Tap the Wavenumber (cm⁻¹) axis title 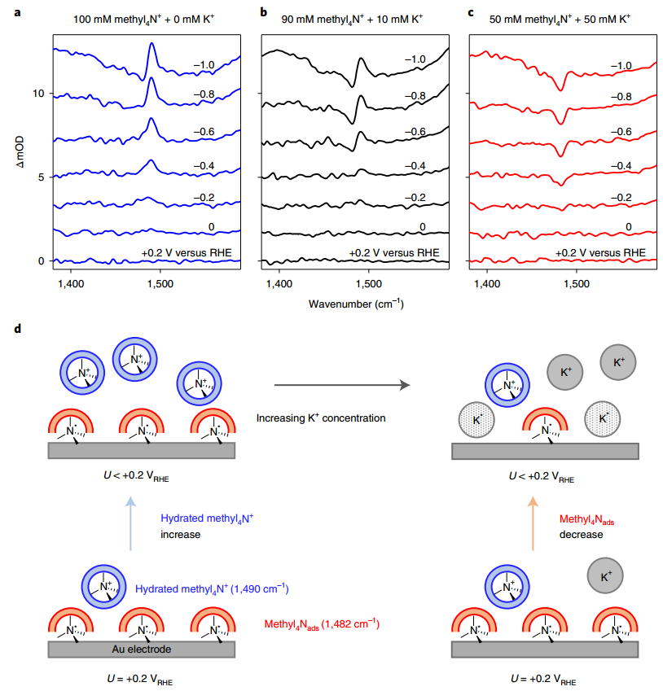(357, 304)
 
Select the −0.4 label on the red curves (621, 165)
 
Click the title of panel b (356, 13)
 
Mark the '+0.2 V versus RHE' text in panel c (601, 252)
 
